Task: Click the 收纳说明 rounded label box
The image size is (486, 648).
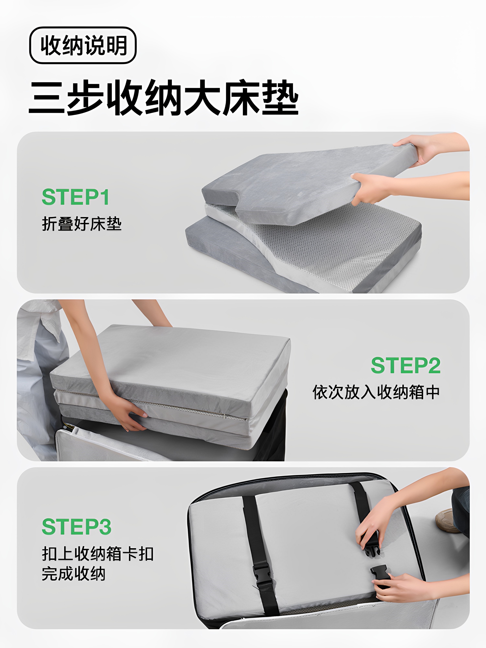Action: tap(83, 45)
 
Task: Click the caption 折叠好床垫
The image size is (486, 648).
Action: tap(81, 224)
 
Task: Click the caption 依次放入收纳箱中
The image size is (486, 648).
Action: tap(376, 392)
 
